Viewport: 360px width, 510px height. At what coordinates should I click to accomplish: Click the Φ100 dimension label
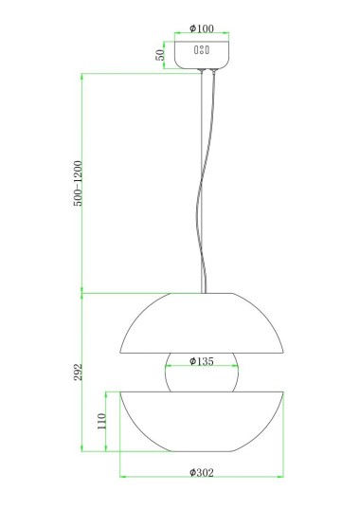point(202,28)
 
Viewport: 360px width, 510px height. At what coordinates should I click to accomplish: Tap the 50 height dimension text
point(160,55)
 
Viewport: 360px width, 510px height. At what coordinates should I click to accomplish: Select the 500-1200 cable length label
point(78,184)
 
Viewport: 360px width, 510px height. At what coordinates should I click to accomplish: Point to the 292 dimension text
point(78,373)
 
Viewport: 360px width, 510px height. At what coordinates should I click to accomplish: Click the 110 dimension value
point(102,421)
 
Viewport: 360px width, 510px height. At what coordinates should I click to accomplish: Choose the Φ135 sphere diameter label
point(202,361)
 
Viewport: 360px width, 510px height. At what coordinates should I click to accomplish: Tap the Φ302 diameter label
point(202,472)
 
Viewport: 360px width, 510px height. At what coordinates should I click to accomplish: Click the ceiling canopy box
point(202,55)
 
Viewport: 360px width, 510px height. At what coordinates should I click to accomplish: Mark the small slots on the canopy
point(202,49)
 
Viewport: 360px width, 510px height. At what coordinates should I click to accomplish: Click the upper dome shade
point(202,323)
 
